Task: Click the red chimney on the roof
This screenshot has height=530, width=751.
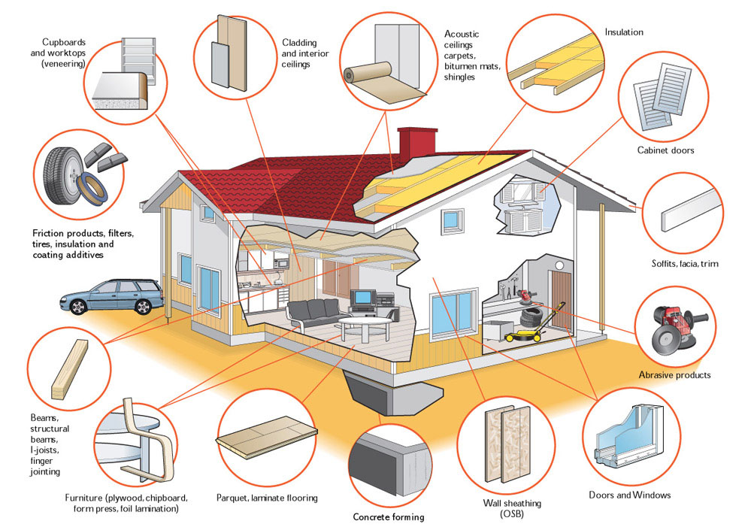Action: click(x=413, y=144)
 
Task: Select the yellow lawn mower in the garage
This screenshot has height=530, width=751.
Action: click(x=526, y=331)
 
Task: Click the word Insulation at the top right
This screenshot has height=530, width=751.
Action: click(x=624, y=32)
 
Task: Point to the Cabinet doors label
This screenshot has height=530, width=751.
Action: click(x=665, y=150)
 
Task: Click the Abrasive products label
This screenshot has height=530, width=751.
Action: click(x=674, y=374)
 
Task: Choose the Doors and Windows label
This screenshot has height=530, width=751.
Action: click(x=630, y=495)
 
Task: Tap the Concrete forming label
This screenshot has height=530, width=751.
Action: click(x=389, y=516)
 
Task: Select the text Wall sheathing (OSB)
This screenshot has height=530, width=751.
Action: click(x=512, y=508)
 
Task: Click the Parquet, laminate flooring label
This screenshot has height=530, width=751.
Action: click(x=267, y=498)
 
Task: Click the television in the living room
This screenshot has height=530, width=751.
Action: click(x=363, y=297)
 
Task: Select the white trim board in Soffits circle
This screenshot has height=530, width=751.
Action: click(x=691, y=210)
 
